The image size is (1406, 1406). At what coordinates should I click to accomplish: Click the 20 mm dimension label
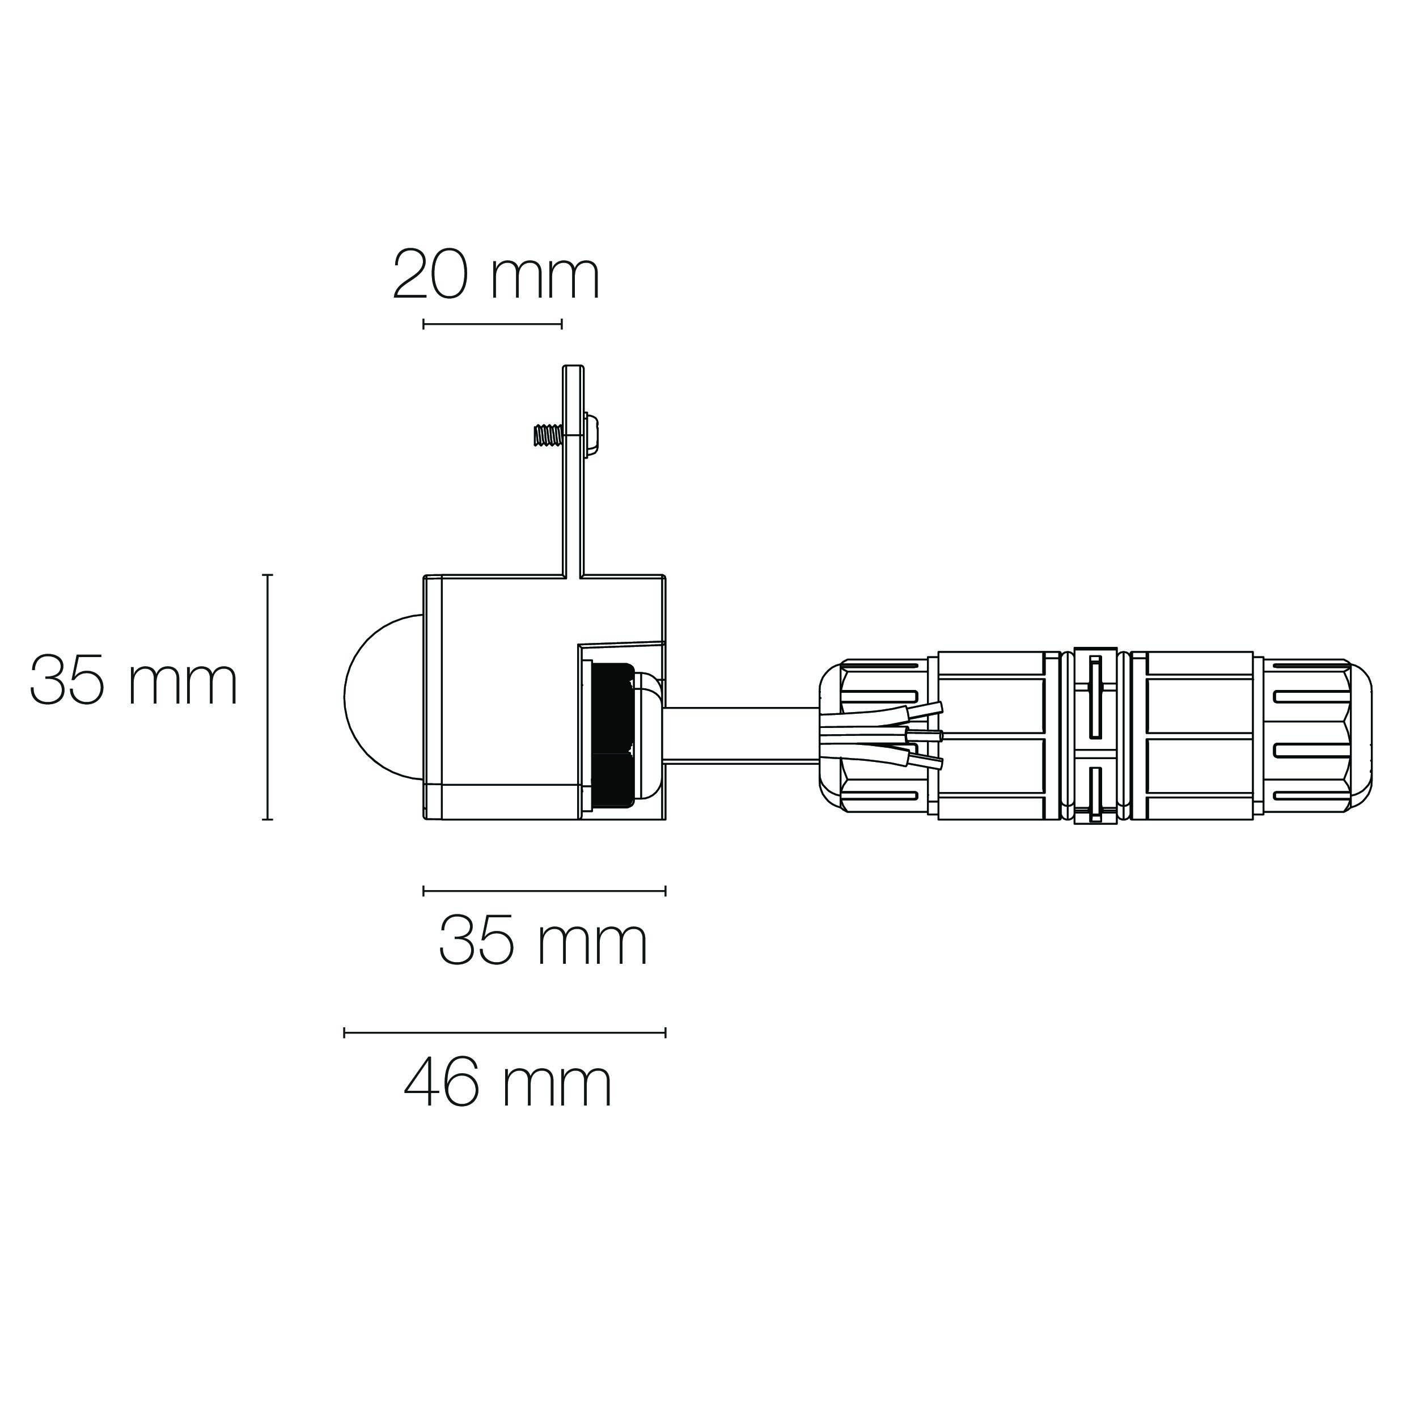coord(496,274)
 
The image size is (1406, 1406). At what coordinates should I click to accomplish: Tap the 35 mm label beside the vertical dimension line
coord(134,680)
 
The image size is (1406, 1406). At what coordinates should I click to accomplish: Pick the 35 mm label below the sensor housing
coord(543,941)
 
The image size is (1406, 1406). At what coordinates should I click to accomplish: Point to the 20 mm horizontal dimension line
coord(493,324)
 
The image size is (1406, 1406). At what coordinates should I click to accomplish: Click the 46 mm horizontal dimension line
coord(505,1032)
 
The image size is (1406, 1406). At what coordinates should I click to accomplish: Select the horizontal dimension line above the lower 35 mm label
coord(544,890)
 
